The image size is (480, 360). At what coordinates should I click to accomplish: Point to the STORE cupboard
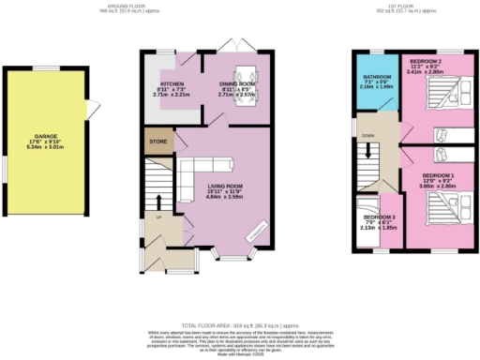157,142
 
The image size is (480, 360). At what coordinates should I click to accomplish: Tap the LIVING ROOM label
224,186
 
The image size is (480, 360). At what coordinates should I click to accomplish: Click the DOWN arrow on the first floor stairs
367,150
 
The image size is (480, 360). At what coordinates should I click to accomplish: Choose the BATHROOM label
378,76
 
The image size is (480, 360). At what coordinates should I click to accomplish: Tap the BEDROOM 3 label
377,217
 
